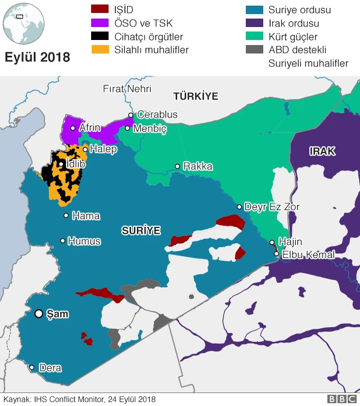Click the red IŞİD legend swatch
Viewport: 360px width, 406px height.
tap(100, 9)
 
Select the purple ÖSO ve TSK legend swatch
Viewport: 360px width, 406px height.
tap(100, 23)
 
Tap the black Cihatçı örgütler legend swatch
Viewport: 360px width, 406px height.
tap(100, 36)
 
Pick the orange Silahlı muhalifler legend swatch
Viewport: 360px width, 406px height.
tap(100, 50)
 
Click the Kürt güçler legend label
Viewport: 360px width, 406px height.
tap(292, 37)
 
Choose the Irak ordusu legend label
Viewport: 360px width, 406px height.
tap(294, 23)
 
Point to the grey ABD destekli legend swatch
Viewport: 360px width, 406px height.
tap(255, 50)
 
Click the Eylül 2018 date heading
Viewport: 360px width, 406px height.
tap(38, 57)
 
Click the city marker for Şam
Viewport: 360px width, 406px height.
tap(39, 314)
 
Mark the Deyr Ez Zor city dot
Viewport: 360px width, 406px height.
tap(239, 207)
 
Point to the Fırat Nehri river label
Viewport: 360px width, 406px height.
tap(127, 88)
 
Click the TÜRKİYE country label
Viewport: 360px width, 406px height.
tap(195, 96)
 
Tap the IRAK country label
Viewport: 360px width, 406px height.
tap(322, 151)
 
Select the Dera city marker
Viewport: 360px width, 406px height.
tap(31, 368)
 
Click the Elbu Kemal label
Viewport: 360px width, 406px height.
tap(308, 255)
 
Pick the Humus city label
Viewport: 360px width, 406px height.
tap(84, 241)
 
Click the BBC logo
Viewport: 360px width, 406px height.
tap(338, 399)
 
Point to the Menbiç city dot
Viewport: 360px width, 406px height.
tap(128, 128)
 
